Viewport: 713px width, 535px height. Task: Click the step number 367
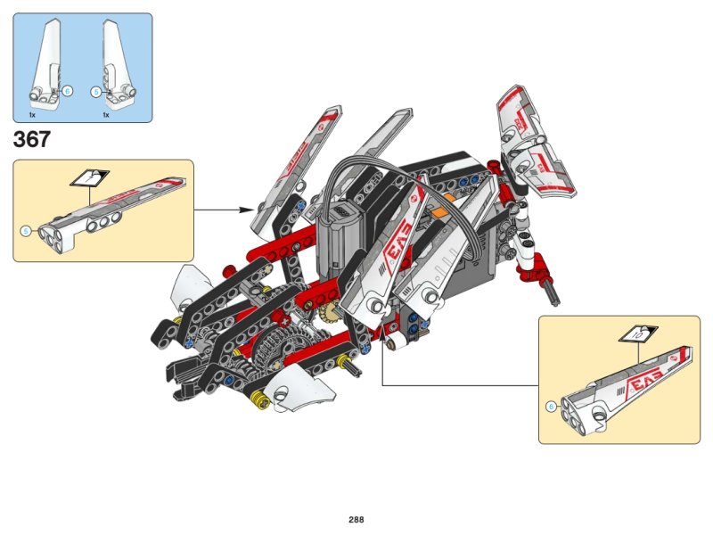[32, 140]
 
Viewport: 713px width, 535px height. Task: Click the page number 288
[356, 519]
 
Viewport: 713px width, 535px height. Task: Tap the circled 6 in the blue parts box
[68, 91]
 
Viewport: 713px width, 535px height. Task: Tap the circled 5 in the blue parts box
[96, 91]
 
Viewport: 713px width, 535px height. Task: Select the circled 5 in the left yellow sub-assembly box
[25, 231]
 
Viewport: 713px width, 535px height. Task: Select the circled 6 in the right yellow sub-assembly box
[551, 407]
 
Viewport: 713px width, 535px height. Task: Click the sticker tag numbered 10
[638, 334]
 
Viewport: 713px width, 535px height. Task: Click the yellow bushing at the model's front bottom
[260, 399]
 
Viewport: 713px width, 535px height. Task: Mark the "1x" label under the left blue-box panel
[32, 115]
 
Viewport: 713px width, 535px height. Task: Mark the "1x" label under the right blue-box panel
[105, 115]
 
